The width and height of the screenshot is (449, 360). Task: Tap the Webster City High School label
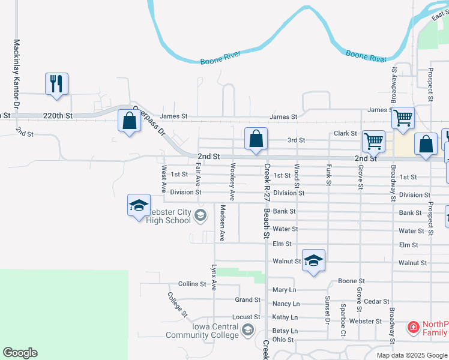coord(169,216)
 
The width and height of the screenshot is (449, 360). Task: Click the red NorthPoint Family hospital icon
coord(413,328)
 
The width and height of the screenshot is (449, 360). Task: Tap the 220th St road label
coord(57,115)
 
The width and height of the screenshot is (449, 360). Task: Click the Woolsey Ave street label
coord(232,182)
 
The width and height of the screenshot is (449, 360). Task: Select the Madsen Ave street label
coord(222,223)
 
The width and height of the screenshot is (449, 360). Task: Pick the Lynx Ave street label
coord(214,277)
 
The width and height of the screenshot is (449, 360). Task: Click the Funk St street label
coord(328,175)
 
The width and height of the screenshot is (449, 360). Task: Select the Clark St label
coord(345,133)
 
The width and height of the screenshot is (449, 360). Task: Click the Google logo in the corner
coord(20,353)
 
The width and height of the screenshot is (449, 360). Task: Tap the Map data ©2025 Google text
coord(412,355)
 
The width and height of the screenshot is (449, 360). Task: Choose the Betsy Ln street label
coord(285,331)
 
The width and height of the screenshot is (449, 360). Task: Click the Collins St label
coord(192,284)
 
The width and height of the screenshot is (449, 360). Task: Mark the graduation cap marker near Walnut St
coord(313,261)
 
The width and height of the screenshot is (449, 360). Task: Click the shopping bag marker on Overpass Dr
coord(129,121)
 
